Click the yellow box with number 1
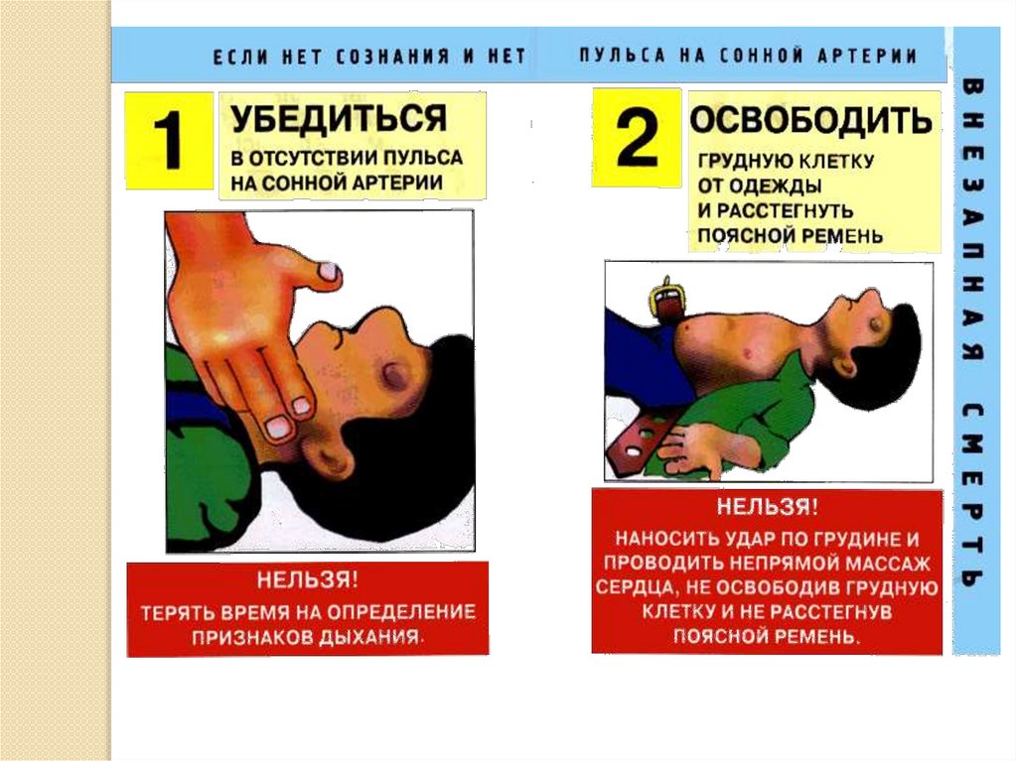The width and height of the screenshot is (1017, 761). point(169,140)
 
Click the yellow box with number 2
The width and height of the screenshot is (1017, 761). point(637,138)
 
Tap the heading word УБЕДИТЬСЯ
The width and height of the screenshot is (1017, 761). point(339,119)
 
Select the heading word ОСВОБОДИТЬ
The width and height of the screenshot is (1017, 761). point(810,120)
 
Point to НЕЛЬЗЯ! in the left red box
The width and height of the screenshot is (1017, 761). point(308,579)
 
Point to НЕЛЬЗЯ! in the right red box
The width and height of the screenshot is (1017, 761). point(768,506)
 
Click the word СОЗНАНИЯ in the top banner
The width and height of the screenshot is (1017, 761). point(392,57)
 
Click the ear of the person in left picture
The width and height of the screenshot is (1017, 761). point(332,454)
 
